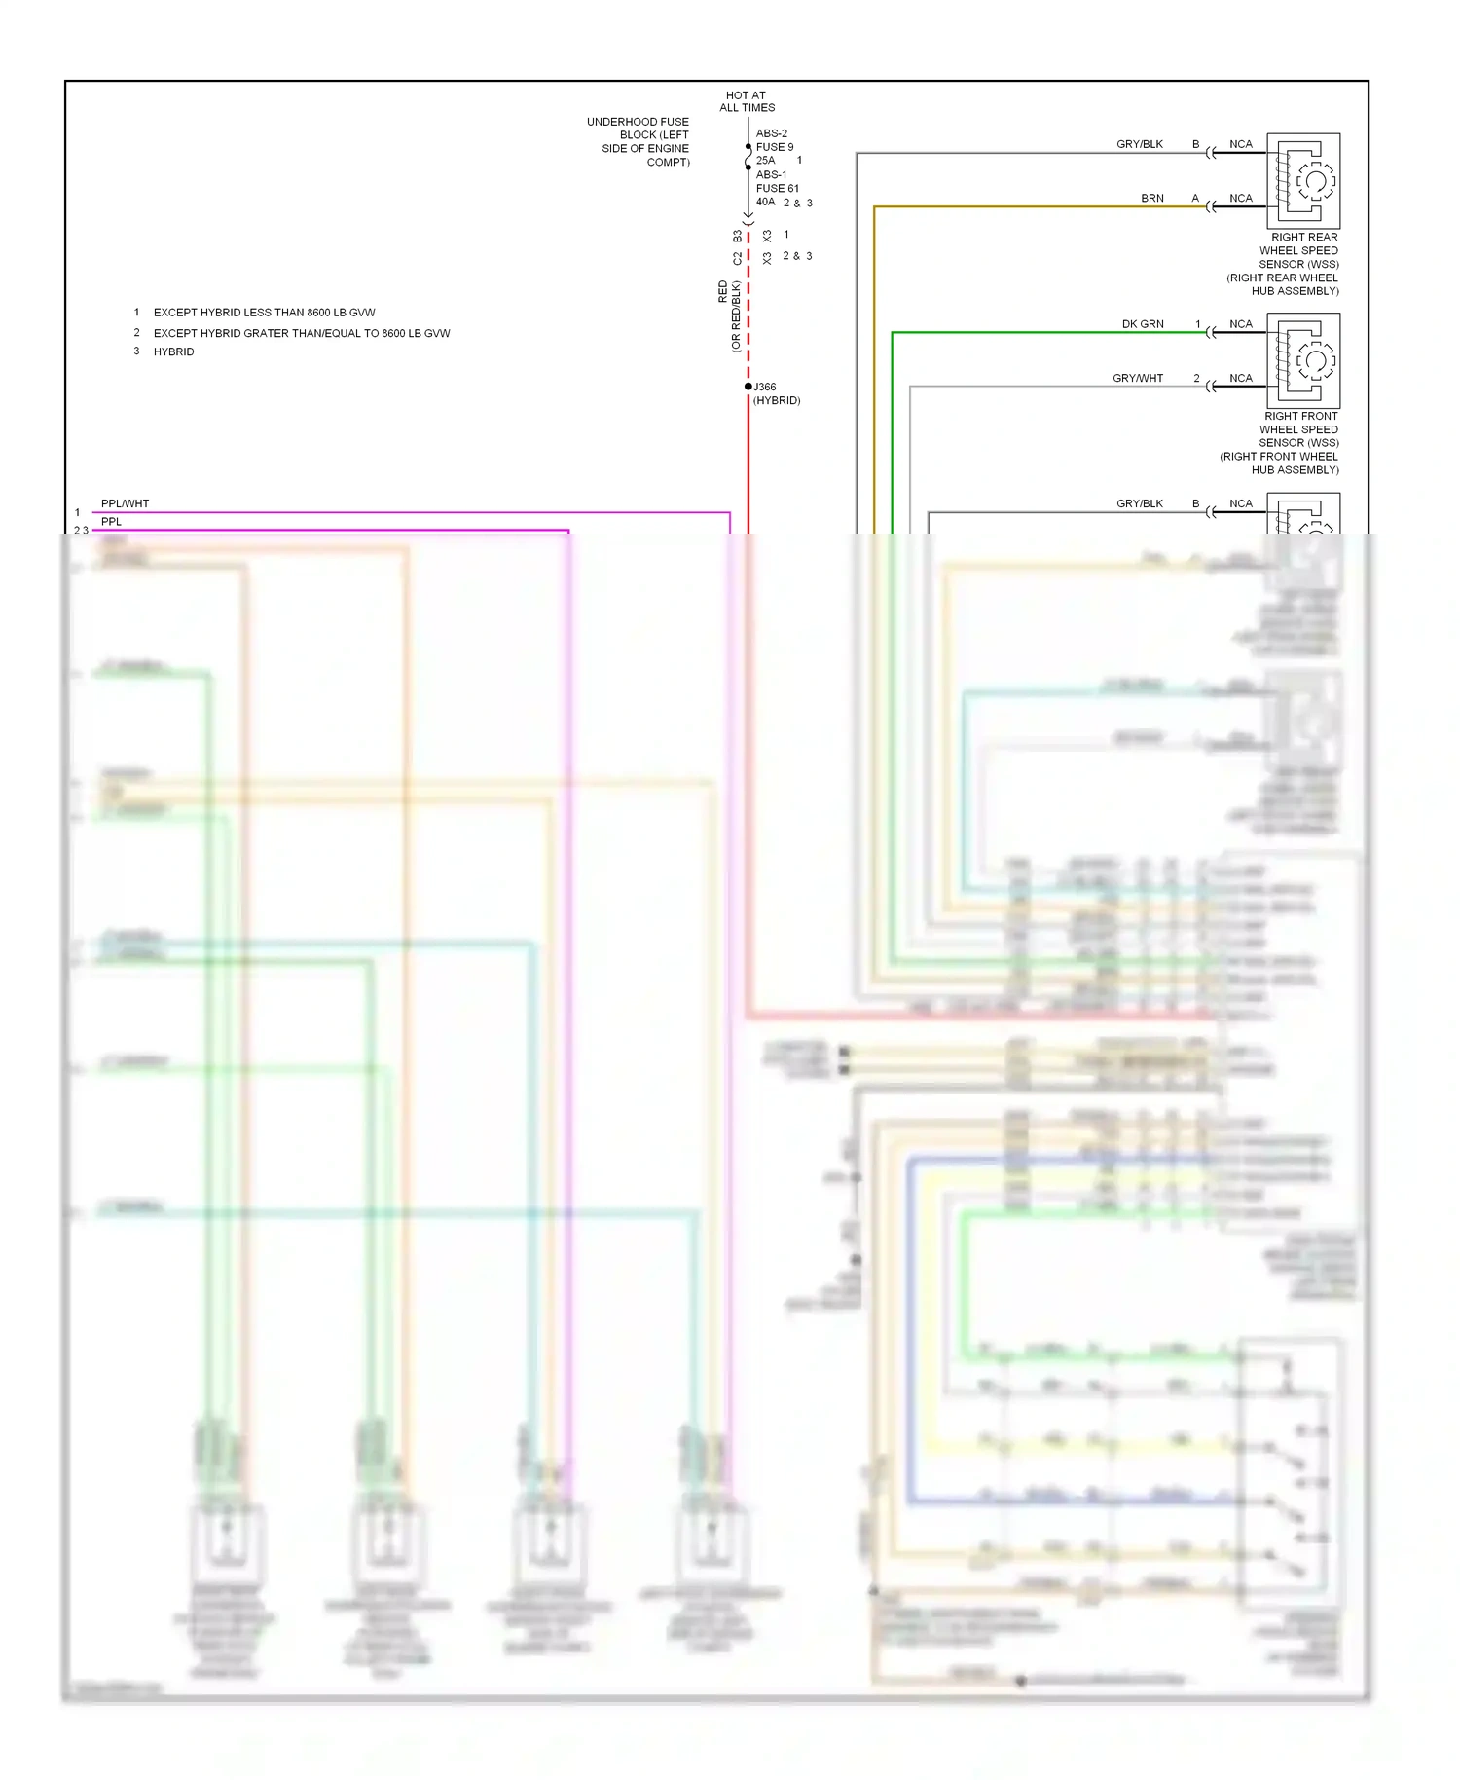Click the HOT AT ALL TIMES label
point(747,102)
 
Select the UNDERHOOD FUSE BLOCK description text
point(639,141)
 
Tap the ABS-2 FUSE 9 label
point(774,140)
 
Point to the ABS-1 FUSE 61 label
point(777,181)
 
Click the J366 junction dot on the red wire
point(748,387)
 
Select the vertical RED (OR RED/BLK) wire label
point(729,315)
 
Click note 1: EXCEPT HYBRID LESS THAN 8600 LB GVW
point(264,313)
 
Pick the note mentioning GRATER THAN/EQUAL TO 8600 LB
point(301,333)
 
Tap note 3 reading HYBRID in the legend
point(173,352)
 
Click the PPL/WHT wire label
point(126,503)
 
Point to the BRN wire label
point(1152,198)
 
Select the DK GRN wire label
point(1143,324)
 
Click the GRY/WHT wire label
point(1138,378)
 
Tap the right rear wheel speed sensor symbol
point(1303,180)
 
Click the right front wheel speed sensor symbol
point(1303,360)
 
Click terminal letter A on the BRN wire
point(1195,198)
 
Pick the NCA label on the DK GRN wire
point(1241,324)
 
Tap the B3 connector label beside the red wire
point(738,237)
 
